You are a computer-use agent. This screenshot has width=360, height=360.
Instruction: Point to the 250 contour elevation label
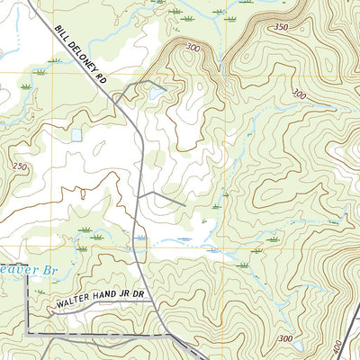click(x=21, y=167)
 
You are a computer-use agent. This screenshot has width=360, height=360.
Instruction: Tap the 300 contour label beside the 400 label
click(x=286, y=337)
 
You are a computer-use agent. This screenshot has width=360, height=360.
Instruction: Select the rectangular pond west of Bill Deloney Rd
click(x=76, y=135)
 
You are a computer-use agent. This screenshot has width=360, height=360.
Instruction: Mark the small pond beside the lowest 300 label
click(x=296, y=346)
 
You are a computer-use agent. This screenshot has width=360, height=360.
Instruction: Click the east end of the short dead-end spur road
click(x=184, y=205)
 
